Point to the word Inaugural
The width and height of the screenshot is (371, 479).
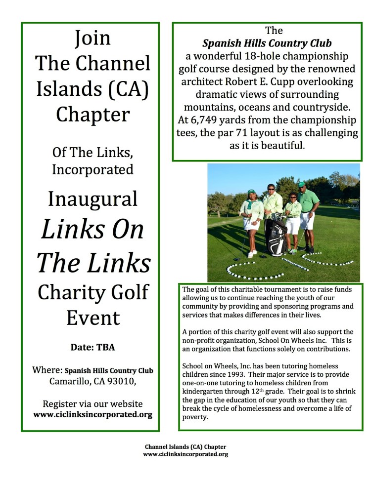tap(93, 199)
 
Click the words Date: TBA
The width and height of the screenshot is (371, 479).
tap(93, 347)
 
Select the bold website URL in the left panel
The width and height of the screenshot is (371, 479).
tap(93, 414)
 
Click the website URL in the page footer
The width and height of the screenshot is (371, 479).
tap(185, 454)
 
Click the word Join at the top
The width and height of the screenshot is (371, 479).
tap(93, 38)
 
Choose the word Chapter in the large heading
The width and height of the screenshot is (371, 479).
tap(93, 114)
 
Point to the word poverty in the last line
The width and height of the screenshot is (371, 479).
tap(195, 417)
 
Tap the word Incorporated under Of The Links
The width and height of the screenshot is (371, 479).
tap(93, 169)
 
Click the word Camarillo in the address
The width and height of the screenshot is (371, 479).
tap(68, 381)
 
